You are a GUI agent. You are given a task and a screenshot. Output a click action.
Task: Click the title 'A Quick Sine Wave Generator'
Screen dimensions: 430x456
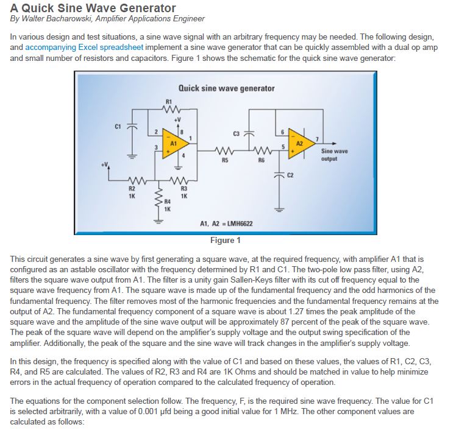point(93,8)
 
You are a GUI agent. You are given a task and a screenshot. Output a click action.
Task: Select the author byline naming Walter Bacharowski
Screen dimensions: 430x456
point(108,19)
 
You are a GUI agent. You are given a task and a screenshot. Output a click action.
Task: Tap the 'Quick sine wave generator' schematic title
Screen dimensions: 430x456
point(226,88)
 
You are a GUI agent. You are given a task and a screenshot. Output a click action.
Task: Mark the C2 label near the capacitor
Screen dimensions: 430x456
point(290,175)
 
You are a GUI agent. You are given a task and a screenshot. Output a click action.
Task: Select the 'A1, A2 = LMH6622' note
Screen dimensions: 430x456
point(227,224)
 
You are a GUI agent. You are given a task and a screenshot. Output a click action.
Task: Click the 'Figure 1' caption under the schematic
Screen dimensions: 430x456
point(225,240)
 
